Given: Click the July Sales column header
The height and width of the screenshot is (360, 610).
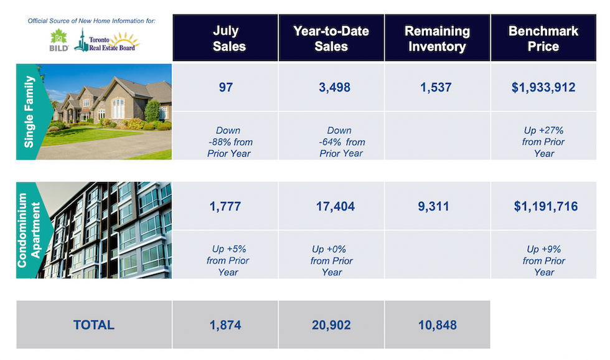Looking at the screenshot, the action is (229, 38).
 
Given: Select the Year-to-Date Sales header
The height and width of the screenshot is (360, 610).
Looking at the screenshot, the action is (331, 38).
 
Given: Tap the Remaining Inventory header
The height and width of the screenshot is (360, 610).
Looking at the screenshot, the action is (437, 38).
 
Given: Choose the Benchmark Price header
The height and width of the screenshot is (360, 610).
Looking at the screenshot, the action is (543, 38).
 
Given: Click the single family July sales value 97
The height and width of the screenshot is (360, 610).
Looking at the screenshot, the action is (225, 87).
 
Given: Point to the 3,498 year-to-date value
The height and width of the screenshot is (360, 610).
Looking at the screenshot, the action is (335, 87).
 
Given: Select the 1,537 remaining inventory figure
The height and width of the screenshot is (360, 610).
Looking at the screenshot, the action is (436, 87).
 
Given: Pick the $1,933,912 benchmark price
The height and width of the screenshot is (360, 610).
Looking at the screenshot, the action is (543, 87).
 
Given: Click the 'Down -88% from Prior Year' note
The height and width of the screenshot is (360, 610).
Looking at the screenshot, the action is (230, 141).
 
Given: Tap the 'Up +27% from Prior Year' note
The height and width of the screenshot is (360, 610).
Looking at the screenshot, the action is (543, 141).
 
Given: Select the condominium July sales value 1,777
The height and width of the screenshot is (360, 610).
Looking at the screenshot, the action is (225, 206).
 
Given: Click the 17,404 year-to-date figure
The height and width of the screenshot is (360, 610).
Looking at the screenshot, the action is (335, 206).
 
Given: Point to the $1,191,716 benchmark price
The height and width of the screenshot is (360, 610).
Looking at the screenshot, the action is (545, 206).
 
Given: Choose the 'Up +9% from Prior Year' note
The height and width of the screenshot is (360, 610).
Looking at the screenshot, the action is (544, 260).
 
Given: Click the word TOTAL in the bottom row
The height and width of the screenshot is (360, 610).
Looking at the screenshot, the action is (94, 325).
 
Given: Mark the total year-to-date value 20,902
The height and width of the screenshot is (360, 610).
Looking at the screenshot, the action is (331, 325).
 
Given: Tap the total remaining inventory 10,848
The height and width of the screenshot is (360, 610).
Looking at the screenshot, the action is (437, 325).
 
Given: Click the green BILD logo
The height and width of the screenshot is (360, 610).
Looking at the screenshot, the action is (59, 40).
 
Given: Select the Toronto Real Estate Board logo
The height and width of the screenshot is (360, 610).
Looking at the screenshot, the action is (106, 40).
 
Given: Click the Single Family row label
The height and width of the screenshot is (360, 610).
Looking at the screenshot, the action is (29, 111).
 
